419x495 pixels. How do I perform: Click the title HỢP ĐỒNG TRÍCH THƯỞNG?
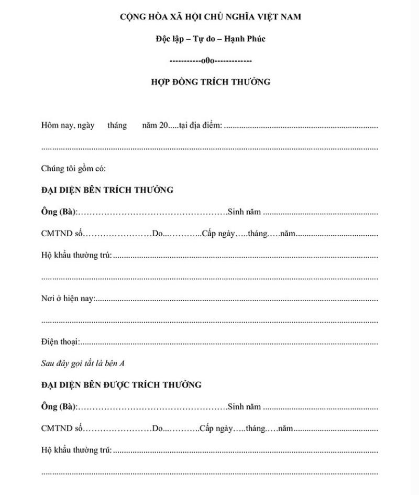(x=210, y=82)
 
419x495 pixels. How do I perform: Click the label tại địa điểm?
(x=201, y=126)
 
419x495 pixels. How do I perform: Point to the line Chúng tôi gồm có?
(x=73, y=169)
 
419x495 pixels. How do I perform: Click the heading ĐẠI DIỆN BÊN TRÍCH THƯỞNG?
(x=107, y=190)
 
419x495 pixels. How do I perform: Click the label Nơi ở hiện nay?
(x=68, y=299)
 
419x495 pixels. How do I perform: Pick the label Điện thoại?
(x=60, y=342)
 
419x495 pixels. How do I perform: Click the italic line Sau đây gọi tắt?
(x=73, y=363)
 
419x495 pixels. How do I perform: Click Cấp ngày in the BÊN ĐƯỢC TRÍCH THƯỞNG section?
(x=216, y=428)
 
